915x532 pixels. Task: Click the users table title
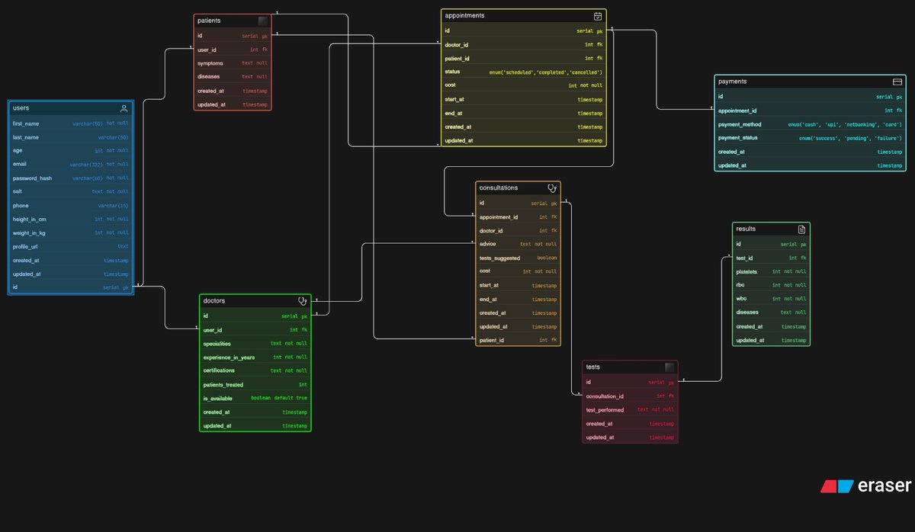tap(21, 108)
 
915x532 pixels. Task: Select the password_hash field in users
tap(32, 178)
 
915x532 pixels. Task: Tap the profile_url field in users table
tap(26, 247)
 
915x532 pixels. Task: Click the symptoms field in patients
tap(210, 63)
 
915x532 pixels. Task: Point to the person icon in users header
tap(124, 108)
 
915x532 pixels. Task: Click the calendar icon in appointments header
tap(598, 16)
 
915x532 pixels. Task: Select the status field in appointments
tap(452, 72)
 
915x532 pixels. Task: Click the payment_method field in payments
tap(740, 124)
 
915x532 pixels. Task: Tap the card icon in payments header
tap(897, 82)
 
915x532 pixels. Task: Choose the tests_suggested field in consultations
tap(499, 258)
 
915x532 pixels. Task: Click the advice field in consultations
tap(487, 244)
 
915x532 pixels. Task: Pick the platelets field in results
tap(746, 271)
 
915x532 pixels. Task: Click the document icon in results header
tap(801, 229)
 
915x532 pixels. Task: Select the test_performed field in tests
tap(605, 410)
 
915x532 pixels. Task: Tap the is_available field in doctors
tap(218, 398)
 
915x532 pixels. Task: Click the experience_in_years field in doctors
tap(229, 357)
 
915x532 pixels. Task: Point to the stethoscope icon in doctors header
tap(303, 301)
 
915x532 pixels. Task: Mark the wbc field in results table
tap(741, 299)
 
